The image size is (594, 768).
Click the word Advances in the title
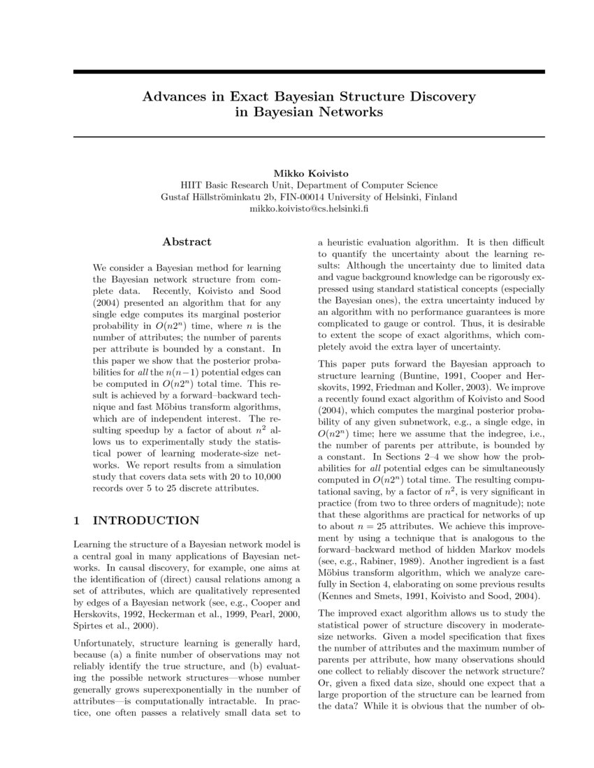171,96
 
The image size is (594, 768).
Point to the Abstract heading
187,242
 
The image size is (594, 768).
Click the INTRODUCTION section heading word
146,520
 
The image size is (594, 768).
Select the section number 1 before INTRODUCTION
77,520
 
